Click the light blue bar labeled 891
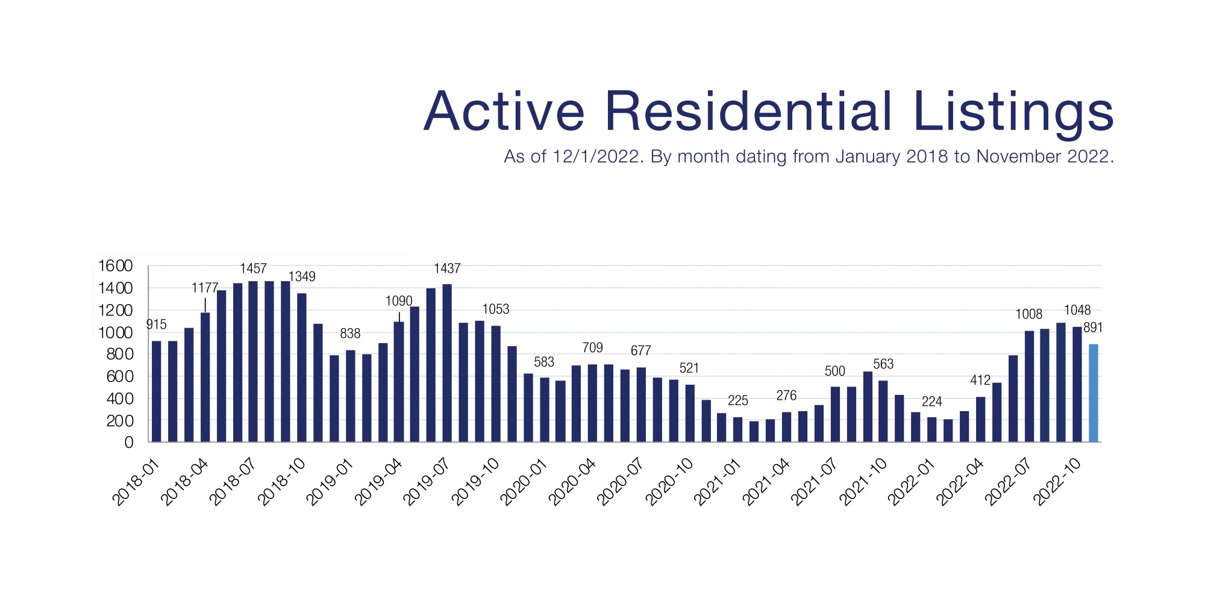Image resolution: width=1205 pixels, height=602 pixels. tap(1093, 393)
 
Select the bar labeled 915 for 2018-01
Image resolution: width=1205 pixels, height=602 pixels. tap(156, 391)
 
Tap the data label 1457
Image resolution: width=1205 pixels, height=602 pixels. tap(253, 268)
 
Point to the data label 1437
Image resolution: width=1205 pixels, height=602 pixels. tap(447, 268)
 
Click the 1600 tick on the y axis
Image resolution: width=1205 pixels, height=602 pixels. tap(115, 265)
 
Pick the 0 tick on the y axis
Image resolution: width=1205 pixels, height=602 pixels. tap(128, 442)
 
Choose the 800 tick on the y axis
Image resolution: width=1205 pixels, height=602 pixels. tap(119, 354)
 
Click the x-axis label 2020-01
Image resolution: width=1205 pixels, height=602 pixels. tap(525, 482)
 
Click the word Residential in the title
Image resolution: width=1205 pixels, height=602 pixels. tap(748, 111)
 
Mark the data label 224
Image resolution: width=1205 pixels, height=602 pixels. tap(931, 402)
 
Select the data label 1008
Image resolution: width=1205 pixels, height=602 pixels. tap(1028, 314)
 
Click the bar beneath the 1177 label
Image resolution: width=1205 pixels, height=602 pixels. tap(205, 377)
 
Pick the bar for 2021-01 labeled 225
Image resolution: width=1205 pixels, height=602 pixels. tap(737, 430)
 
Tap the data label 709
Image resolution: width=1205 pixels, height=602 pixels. tap(592, 348)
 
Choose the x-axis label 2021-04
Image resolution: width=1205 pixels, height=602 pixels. tap(767, 482)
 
